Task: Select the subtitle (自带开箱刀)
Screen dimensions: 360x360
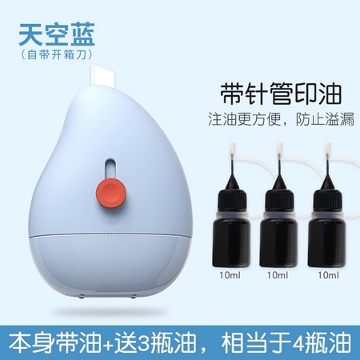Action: point(57,57)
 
